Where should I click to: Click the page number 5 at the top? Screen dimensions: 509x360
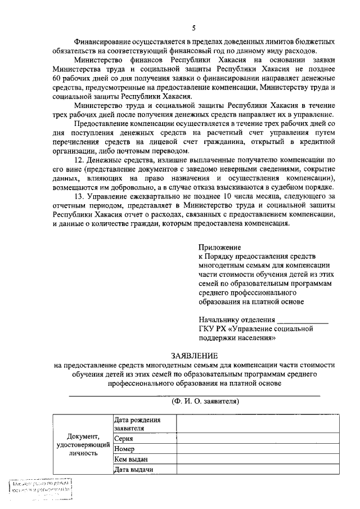193,28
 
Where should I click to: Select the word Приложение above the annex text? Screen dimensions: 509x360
220,247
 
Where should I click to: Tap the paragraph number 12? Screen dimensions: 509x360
79,160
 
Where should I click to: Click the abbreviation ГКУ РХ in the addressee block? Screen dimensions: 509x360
212,330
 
